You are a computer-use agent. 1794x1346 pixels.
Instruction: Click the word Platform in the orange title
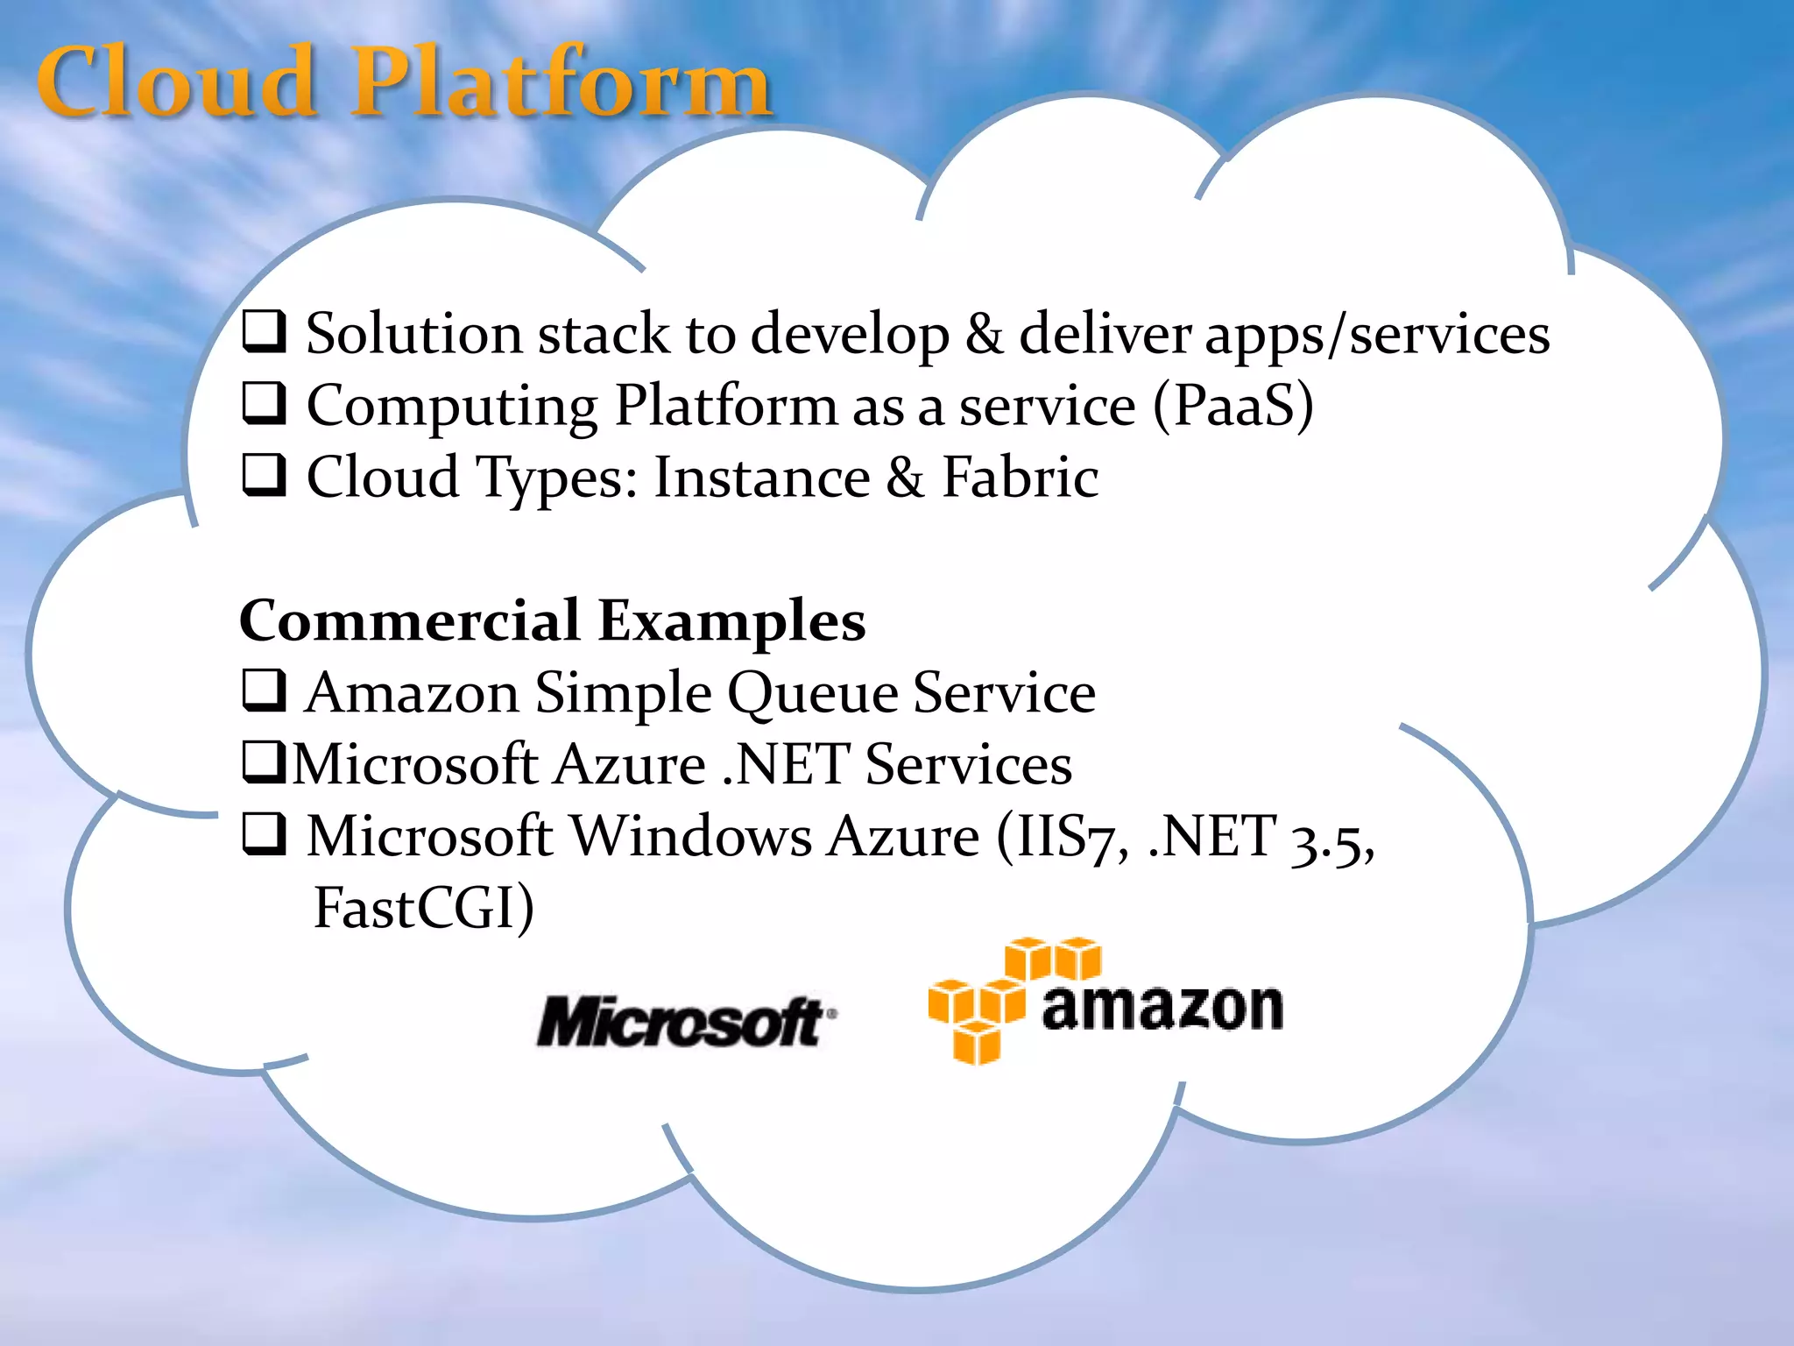561,83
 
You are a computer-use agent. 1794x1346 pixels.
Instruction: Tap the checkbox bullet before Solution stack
264,332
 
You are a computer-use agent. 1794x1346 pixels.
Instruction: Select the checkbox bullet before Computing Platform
264,404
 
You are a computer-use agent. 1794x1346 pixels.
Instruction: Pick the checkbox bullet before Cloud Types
264,476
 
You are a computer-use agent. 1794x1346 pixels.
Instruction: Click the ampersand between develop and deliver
984,334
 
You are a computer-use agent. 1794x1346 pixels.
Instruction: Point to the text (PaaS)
1233,406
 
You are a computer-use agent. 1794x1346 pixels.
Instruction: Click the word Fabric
1020,478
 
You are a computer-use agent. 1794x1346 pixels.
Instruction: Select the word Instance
762,478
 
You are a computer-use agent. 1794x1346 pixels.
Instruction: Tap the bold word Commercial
409,620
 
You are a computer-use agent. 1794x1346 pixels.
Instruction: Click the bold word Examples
732,622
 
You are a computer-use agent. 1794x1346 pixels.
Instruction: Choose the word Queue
813,694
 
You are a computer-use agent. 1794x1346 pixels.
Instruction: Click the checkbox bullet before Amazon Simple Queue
264,691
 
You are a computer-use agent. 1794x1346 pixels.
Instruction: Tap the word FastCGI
424,908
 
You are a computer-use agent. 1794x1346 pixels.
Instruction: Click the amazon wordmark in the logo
1162,1008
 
